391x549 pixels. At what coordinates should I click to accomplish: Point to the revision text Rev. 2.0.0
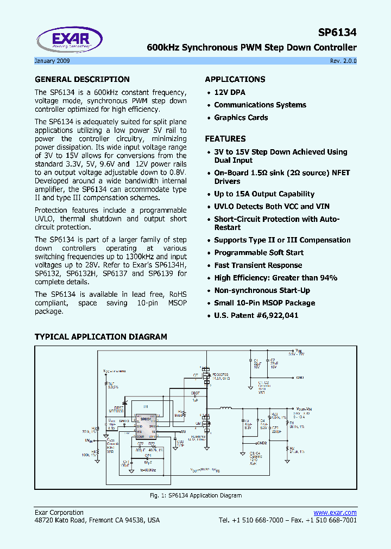[x=343, y=61]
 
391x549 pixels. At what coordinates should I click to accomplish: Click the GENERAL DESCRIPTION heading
[x=82, y=79]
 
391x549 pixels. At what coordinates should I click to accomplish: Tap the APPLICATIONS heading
[x=235, y=79]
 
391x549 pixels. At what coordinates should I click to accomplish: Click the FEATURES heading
[x=225, y=139]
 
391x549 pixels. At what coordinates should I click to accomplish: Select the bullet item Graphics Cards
[x=241, y=118]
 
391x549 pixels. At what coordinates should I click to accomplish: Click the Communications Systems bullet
[x=260, y=105]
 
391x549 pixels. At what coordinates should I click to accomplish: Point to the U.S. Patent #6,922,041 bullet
[x=256, y=316]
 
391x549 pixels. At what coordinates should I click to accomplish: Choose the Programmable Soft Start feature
[x=258, y=253]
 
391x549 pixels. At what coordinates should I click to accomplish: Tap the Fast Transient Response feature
[x=258, y=265]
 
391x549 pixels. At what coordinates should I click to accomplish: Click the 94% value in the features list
[x=328, y=278]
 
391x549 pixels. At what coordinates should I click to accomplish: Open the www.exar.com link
[x=335, y=513]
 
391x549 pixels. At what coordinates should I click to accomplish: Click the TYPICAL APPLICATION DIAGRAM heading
[x=100, y=337]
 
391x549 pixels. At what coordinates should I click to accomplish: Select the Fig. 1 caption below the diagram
[x=195, y=495]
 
